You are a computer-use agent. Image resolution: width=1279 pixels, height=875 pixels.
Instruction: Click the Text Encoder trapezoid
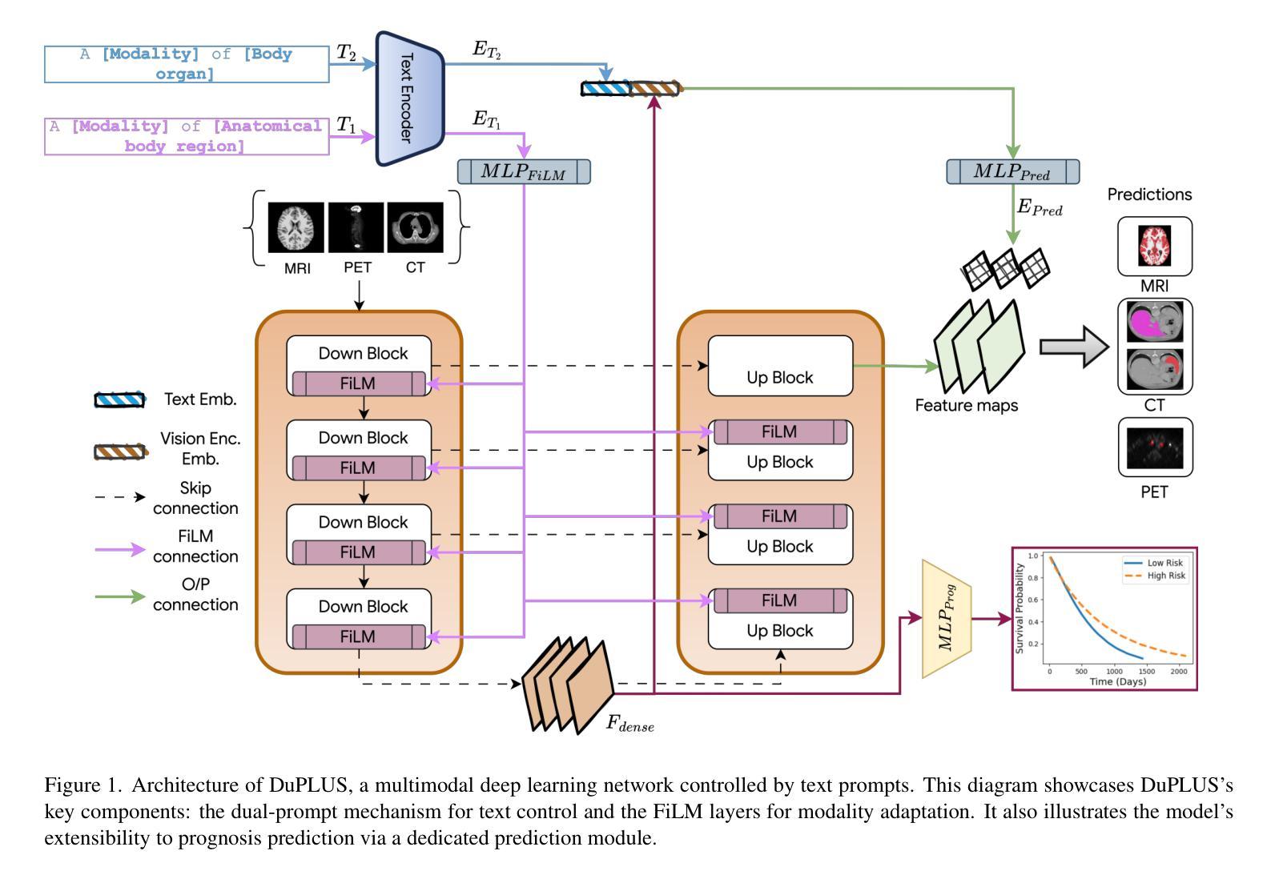pyautogui.click(x=409, y=98)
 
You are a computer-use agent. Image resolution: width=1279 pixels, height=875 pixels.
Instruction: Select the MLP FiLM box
pyautogui.click(x=524, y=172)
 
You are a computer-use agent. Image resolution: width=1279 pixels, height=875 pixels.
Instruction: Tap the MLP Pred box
pyautogui.click(x=1012, y=172)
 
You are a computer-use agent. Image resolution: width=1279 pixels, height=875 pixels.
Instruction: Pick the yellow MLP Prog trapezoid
pyautogui.click(x=947, y=619)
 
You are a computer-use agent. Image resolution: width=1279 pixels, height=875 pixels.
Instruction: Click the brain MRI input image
pyautogui.click(x=296, y=227)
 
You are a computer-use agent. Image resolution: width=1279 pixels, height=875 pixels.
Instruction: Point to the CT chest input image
pyautogui.click(x=415, y=227)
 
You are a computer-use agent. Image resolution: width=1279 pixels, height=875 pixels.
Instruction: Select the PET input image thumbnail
pyautogui.click(x=356, y=227)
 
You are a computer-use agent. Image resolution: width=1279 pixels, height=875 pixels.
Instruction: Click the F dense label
pyautogui.click(x=629, y=724)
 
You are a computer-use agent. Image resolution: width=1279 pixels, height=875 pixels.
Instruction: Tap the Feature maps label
pyautogui.click(x=966, y=406)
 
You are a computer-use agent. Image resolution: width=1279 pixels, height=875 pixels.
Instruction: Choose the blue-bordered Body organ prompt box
pyautogui.click(x=187, y=64)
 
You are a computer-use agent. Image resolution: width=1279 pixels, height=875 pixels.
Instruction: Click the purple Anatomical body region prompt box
pyautogui.click(x=187, y=136)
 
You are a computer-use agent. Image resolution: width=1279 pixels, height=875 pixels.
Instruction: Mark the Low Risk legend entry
pyautogui.click(x=1164, y=563)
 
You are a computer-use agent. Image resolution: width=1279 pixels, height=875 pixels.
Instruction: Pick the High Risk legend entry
pyautogui.click(x=1165, y=576)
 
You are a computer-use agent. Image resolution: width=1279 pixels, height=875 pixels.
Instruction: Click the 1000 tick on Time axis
pyautogui.click(x=1114, y=671)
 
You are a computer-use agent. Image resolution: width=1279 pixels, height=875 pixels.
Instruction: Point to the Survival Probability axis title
pyautogui.click(x=1020, y=608)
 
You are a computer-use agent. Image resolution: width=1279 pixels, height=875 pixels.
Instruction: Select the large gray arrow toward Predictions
pyautogui.click(x=1073, y=347)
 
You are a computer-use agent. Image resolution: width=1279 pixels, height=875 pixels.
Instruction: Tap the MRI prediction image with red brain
pyautogui.click(x=1154, y=246)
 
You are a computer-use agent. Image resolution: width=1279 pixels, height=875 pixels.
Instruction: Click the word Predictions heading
pyautogui.click(x=1149, y=195)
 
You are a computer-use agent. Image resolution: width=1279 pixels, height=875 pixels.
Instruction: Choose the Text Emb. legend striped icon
pyautogui.click(x=120, y=399)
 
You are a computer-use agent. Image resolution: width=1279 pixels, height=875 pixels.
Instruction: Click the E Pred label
pyautogui.click(x=1040, y=208)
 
